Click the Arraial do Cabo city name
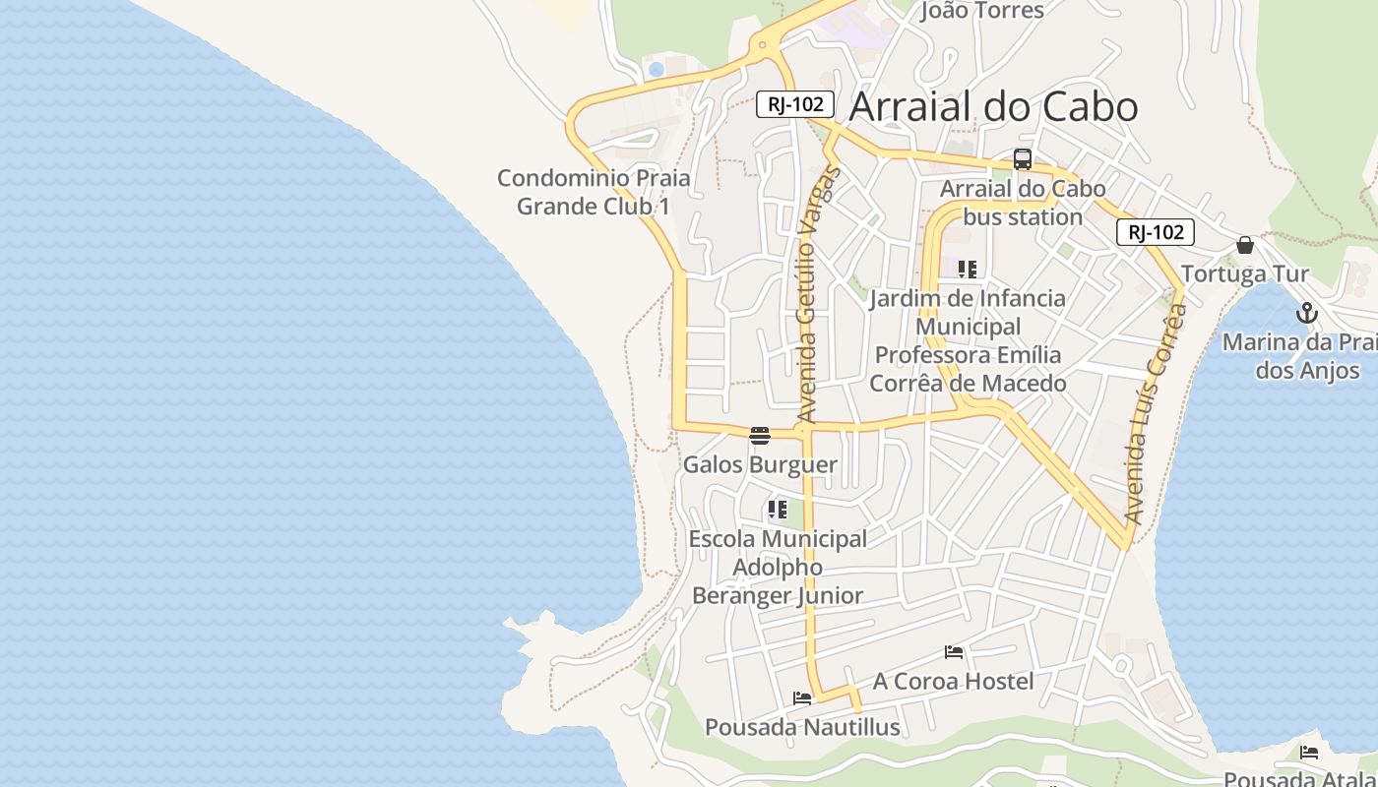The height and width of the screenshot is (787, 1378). click(993, 106)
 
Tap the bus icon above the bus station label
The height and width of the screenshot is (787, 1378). click(1023, 159)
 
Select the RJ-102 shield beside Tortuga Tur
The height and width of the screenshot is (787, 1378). click(1155, 232)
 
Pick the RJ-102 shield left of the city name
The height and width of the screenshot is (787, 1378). click(795, 104)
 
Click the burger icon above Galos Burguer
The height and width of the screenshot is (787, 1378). click(759, 436)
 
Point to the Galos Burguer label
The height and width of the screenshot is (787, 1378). click(760, 464)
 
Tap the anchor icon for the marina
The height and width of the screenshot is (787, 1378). click(1306, 314)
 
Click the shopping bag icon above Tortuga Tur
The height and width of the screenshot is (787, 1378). click(1245, 245)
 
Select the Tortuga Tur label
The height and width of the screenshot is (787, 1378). click(1244, 273)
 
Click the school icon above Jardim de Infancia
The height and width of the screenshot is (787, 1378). click(968, 270)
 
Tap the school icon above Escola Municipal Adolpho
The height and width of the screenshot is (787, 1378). click(778, 510)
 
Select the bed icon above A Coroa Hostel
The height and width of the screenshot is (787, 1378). click(953, 652)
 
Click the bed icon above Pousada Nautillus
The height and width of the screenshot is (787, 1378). click(802, 698)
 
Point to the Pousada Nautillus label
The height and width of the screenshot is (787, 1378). click(802, 727)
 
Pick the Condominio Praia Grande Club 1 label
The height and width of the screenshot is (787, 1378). click(594, 192)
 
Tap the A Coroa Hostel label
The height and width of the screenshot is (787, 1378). click(953, 681)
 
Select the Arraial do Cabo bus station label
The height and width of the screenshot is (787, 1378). click(1023, 202)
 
